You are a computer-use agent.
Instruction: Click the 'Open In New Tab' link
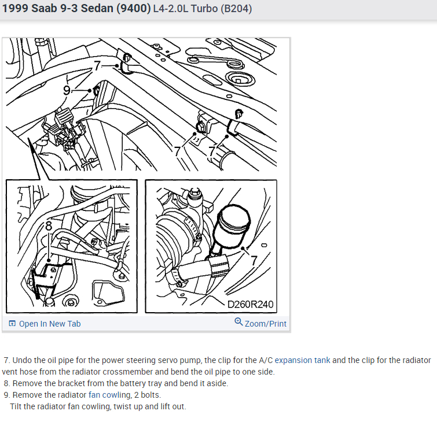(x=50, y=324)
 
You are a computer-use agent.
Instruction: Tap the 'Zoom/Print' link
(x=265, y=324)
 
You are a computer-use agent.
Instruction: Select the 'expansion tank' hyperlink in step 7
(x=302, y=360)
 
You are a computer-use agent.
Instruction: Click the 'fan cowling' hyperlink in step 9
(x=109, y=395)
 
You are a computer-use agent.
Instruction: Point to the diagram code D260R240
(x=250, y=305)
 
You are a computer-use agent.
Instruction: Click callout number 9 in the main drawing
(x=67, y=90)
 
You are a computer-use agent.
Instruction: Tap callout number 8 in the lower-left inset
(x=49, y=226)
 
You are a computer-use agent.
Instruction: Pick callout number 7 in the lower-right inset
(x=254, y=261)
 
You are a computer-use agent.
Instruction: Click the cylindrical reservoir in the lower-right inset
(x=232, y=226)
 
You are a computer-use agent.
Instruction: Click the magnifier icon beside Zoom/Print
(x=238, y=322)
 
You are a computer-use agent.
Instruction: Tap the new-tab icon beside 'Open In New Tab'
(x=12, y=324)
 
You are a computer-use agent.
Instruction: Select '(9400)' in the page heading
(x=134, y=8)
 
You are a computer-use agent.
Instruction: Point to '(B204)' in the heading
(x=236, y=9)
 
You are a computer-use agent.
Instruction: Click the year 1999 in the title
(x=15, y=8)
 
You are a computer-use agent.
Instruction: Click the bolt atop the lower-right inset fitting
(x=195, y=193)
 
